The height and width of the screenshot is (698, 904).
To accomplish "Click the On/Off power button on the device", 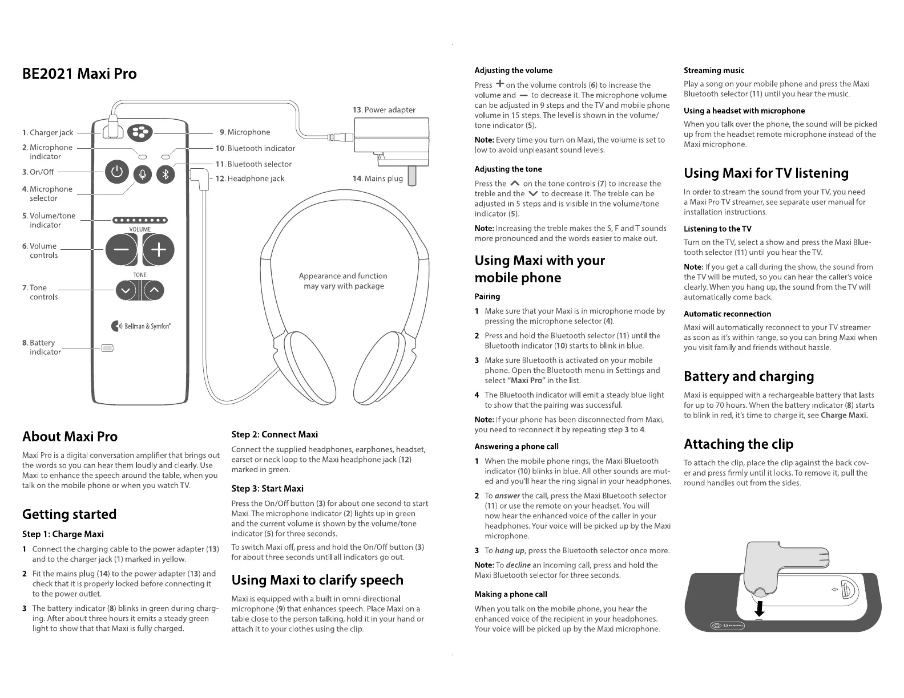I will (117, 172).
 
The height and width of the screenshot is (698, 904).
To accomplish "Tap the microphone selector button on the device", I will (143, 174).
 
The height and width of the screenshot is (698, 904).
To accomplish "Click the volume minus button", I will (121, 250).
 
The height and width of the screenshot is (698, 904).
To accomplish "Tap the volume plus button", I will (158, 250).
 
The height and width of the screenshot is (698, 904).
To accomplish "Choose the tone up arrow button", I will (154, 291).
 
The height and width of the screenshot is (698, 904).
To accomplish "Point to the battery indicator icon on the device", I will (107, 348).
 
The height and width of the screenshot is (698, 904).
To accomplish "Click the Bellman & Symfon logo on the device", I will (141, 326).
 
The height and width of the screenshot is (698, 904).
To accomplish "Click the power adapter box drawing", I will (391, 135).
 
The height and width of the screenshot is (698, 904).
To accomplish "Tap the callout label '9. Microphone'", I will (245, 132).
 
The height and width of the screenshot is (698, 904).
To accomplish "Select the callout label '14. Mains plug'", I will (378, 178).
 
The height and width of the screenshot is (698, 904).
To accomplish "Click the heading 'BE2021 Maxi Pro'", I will (79, 74).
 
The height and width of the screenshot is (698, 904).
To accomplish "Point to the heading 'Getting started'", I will (69, 514).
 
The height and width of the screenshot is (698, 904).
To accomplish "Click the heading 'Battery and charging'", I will (749, 376).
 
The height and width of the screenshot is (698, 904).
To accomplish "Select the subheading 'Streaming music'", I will (714, 71).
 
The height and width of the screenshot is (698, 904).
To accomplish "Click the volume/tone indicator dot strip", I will (140, 220).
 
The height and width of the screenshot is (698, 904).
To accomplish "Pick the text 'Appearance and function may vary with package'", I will (343, 281).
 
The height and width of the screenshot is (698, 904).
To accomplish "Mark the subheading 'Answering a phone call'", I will (516, 447).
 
